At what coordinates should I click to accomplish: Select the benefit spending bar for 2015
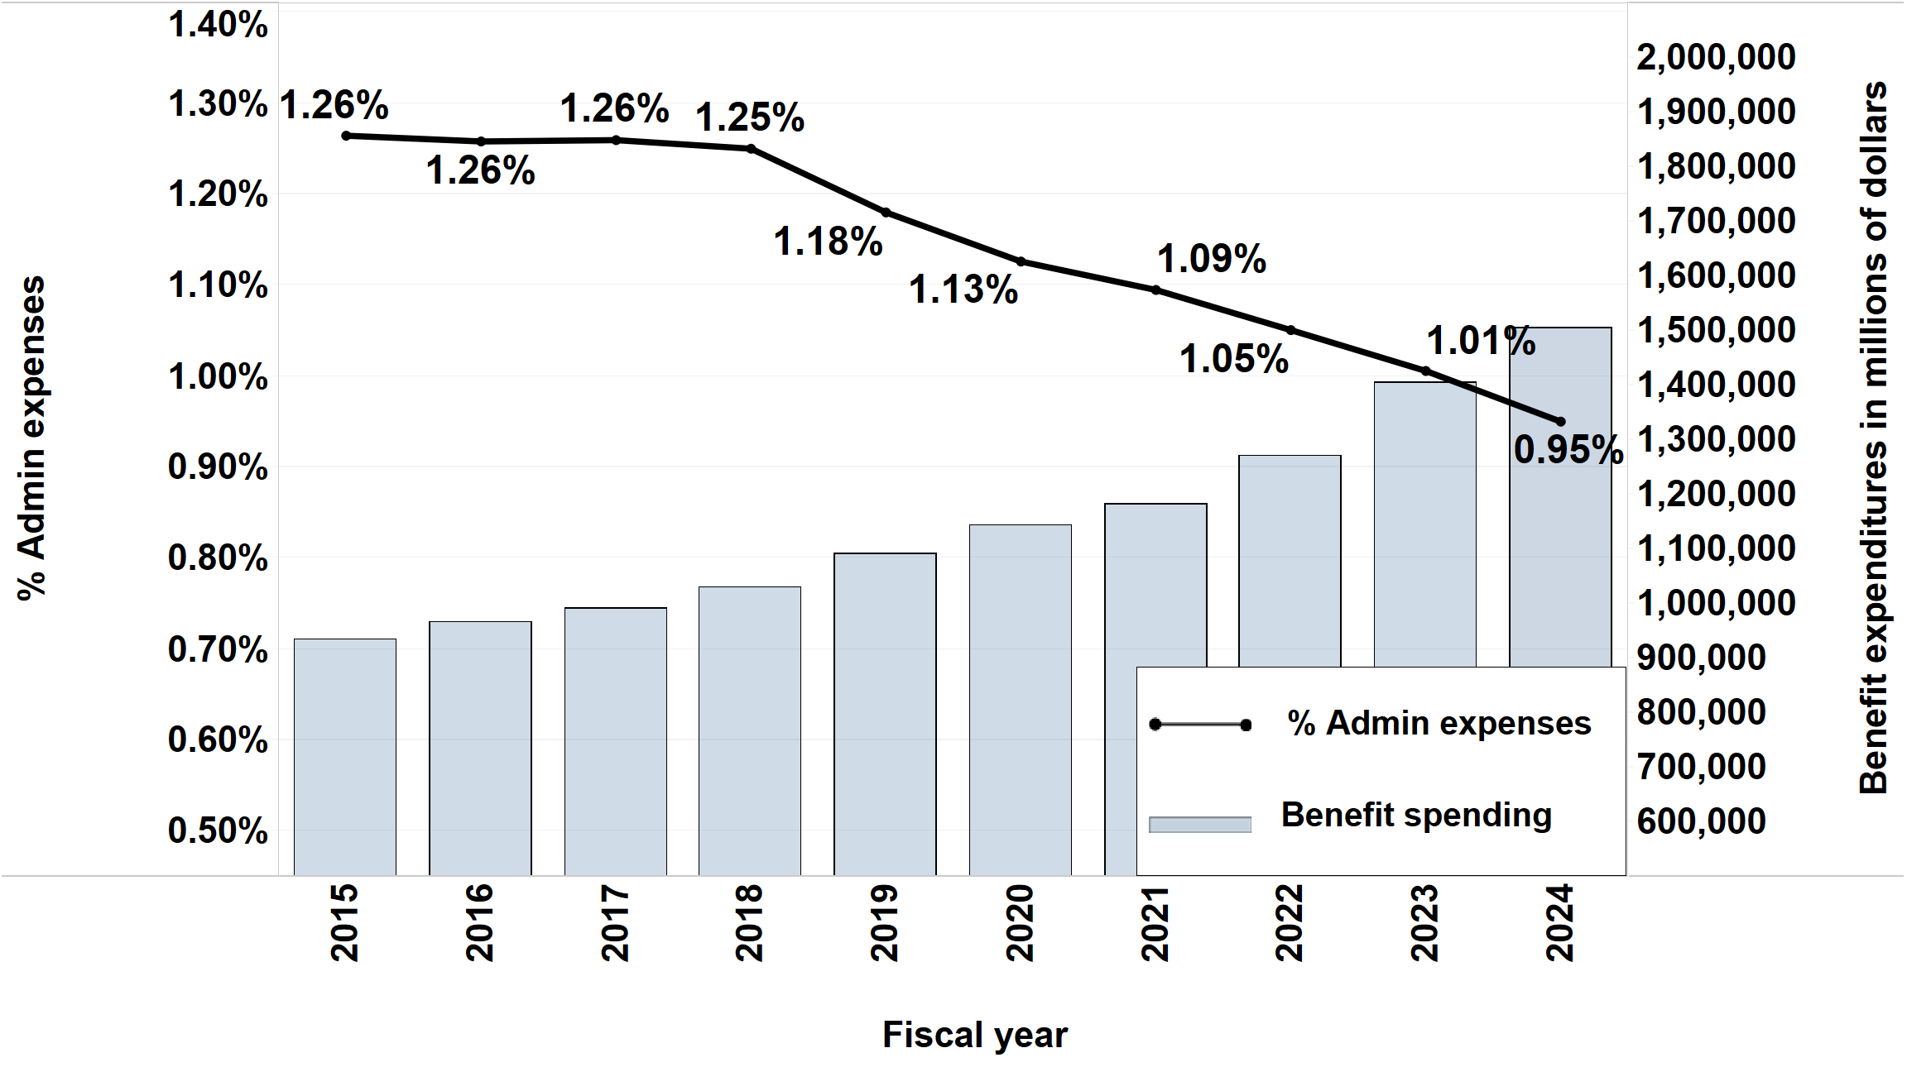pyautogui.click(x=344, y=757)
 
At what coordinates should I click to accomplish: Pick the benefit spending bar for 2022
pyautogui.click(x=1290, y=562)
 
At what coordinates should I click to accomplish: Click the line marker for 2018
pyautogui.click(x=751, y=149)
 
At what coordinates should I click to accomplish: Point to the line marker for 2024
pyautogui.click(x=1561, y=421)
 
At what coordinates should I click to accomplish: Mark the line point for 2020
pyautogui.click(x=1021, y=261)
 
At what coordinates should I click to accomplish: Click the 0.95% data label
pyautogui.click(x=1568, y=450)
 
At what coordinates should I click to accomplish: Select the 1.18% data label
pyautogui.click(x=828, y=242)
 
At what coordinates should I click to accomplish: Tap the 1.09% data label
pyautogui.click(x=1211, y=259)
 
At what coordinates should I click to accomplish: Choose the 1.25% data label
pyautogui.click(x=749, y=117)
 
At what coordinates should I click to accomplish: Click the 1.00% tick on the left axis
pyautogui.click(x=218, y=377)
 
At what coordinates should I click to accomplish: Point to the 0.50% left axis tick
pyautogui.click(x=218, y=830)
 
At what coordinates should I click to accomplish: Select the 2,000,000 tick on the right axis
pyautogui.click(x=1716, y=57)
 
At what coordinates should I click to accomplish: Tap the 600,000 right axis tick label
pyautogui.click(x=1701, y=821)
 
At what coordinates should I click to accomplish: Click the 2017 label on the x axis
pyautogui.click(x=615, y=922)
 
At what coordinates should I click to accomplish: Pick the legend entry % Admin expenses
pyautogui.click(x=1439, y=724)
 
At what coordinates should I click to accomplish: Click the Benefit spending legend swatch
pyautogui.click(x=1199, y=824)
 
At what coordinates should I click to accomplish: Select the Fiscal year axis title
pyautogui.click(x=974, y=1035)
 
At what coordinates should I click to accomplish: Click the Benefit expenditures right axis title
pyautogui.click(x=1873, y=438)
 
